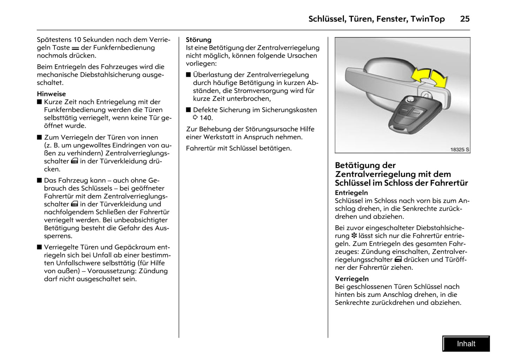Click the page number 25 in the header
pos(465,19)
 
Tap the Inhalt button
pos(466,344)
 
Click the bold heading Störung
pos(199,40)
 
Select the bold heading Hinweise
pos(51,94)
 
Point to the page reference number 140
pos(206,118)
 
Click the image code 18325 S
pos(460,149)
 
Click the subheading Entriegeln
pos(351,193)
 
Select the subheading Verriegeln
pos(352,279)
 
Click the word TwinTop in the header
pos(427,19)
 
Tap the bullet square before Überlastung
pos(188,75)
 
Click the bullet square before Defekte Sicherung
pos(188,110)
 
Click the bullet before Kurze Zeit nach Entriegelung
pos(39,102)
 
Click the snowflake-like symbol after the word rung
pos(354,236)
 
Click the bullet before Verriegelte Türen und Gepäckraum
pos(39,247)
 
